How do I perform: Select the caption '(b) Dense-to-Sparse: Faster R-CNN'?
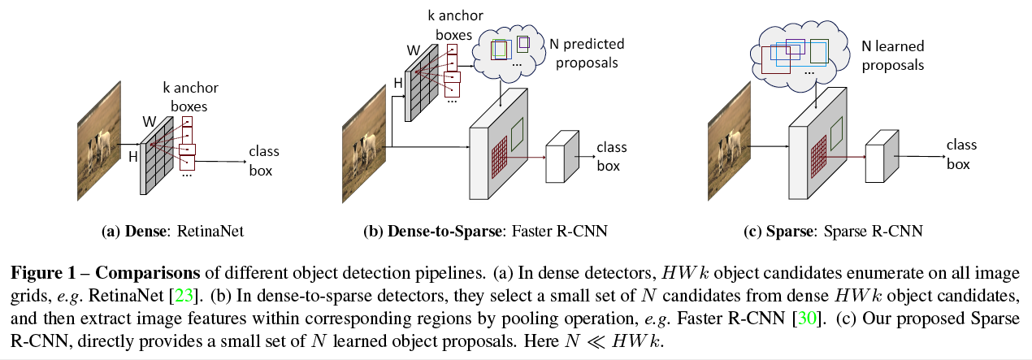click(x=485, y=232)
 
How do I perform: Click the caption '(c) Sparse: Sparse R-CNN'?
click(x=833, y=232)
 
